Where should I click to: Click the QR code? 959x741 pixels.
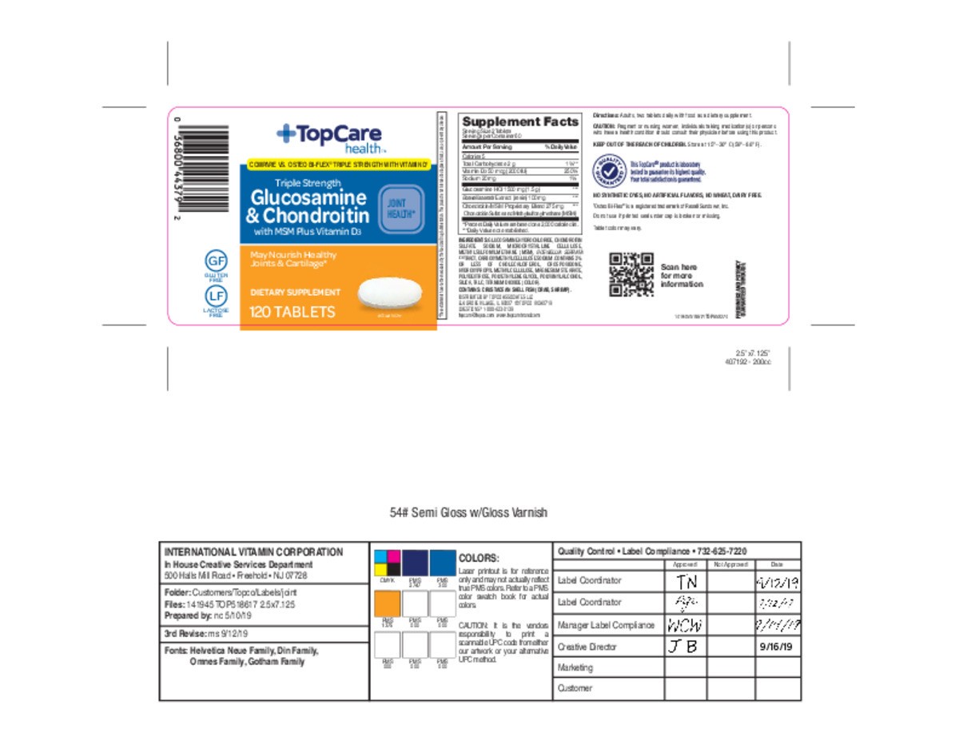[631, 273]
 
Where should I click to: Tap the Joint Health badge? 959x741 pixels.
[401, 208]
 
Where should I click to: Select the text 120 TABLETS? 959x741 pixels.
[292, 312]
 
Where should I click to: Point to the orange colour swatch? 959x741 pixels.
[388, 603]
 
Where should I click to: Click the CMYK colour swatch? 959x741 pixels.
[388, 563]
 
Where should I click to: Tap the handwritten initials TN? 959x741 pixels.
[685, 582]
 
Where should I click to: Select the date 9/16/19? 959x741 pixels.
[778, 647]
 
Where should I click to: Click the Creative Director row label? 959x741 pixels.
[587, 647]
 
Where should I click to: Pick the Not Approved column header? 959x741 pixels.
[730, 564]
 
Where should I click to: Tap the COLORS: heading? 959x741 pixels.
[479, 558]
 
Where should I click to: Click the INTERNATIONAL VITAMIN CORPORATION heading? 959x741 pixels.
[253, 552]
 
